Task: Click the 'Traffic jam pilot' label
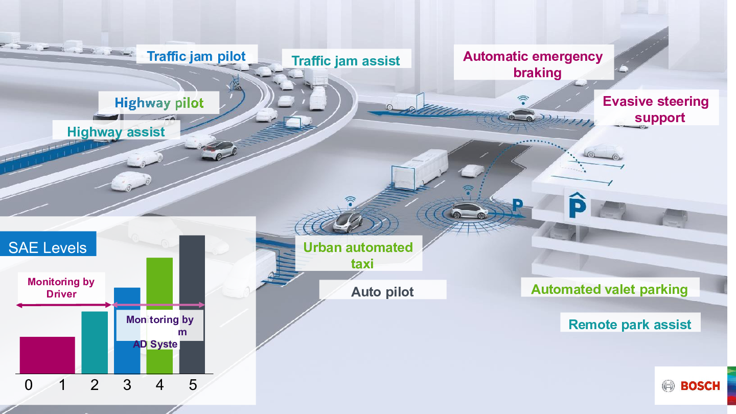(196, 56)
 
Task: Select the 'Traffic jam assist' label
(346, 61)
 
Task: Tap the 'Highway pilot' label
(159, 103)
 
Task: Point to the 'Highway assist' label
(116, 132)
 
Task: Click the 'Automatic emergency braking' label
(533, 64)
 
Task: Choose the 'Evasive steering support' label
(656, 109)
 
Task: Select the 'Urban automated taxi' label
(358, 255)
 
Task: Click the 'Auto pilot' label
(382, 292)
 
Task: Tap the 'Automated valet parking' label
(609, 289)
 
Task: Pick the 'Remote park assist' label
(630, 325)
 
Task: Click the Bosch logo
(691, 386)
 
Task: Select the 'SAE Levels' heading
(48, 248)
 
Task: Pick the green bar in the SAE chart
(159, 286)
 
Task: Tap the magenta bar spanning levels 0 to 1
(47, 355)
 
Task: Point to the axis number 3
(127, 385)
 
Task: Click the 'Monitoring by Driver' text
(61, 288)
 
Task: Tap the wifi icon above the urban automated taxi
(350, 200)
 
